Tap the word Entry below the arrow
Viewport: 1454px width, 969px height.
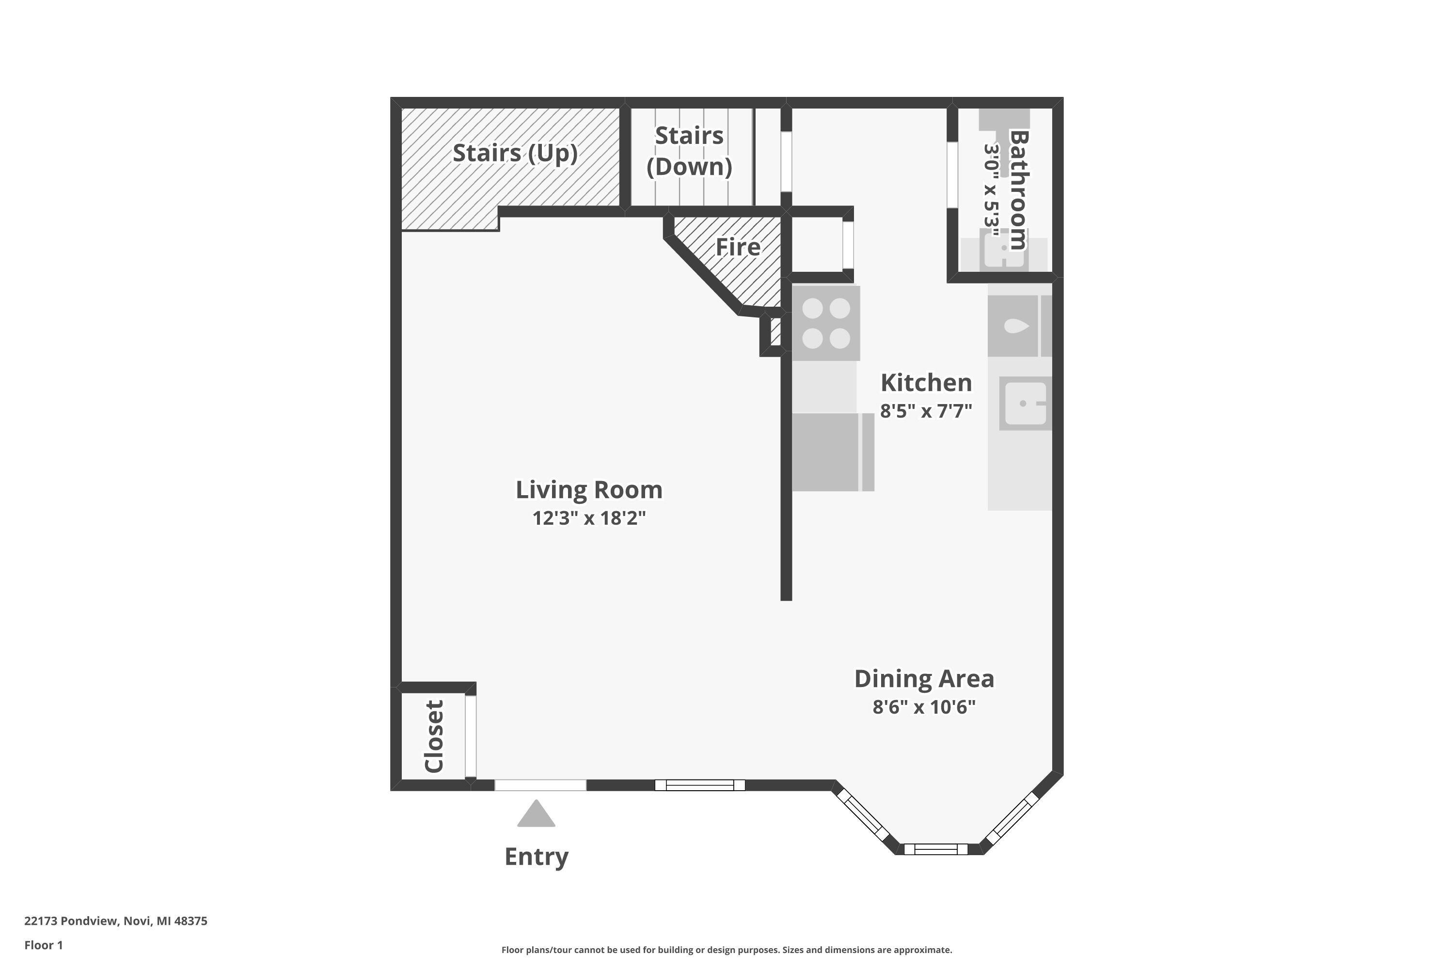pyautogui.click(x=536, y=857)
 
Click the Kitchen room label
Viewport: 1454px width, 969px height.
pyautogui.click(x=925, y=383)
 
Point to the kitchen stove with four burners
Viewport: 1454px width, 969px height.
pyautogui.click(x=826, y=323)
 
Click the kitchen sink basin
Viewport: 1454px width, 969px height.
pyautogui.click(x=1025, y=404)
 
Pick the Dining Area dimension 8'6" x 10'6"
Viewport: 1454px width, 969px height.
pyautogui.click(x=924, y=706)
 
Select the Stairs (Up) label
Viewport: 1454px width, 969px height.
pyautogui.click(x=514, y=153)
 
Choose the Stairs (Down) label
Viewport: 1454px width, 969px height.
pyautogui.click(x=689, y=151)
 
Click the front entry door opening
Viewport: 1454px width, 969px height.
pyautogui.click(x=540, y=785)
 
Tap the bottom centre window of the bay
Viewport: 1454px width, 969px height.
pyautogui.click(x=935, y=849)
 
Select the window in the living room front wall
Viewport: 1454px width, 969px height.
pyautogui.click(x=700, y=785)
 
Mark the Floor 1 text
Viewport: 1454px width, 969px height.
pyautogui.click(x=43, y=945)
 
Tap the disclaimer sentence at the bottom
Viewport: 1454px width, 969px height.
pyautogui.click(x=727, y=950)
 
